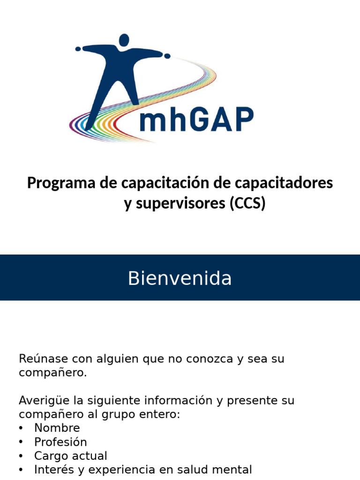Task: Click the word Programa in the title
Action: tap(61, 183)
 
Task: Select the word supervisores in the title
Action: tap(175, 204)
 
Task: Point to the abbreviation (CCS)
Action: tap(247, 204)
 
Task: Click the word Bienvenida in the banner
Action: tap(180, 278)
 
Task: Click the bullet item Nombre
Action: tap(57, 428)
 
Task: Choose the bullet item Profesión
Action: tap(60, 442)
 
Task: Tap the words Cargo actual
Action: tap(70, 456)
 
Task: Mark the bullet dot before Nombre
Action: tap(22, 428)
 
